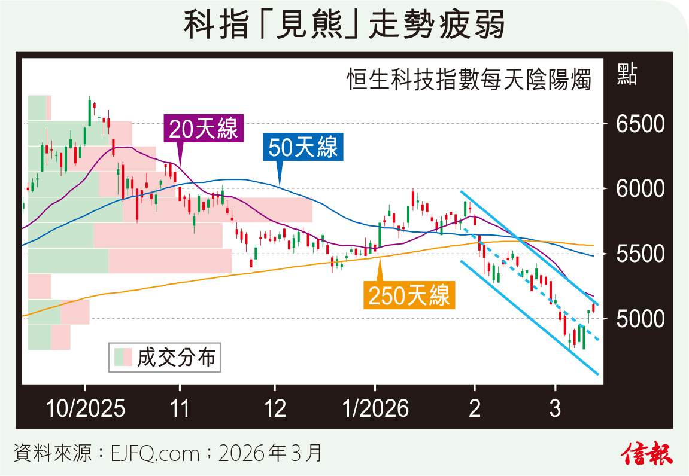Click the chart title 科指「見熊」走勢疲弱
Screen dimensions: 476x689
(344, 26)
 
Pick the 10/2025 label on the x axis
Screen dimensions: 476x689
(86, 409)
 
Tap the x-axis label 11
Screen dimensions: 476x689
(180, 409)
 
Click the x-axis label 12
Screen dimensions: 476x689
(275, 409)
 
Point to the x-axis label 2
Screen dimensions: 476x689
(474, 409)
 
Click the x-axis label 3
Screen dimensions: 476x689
(556, 409)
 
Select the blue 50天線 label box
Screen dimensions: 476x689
(303, 147)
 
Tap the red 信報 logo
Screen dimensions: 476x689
(648, 453)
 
